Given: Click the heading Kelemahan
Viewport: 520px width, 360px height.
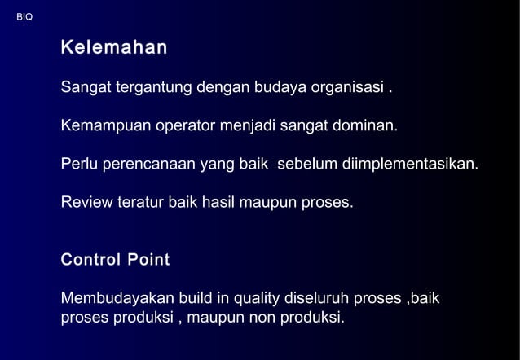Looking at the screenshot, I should (x=114, y=48).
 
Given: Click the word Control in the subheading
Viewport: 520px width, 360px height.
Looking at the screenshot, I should (x=90, y=261).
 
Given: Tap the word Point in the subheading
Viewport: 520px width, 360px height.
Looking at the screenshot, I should (x=148, y=261).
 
